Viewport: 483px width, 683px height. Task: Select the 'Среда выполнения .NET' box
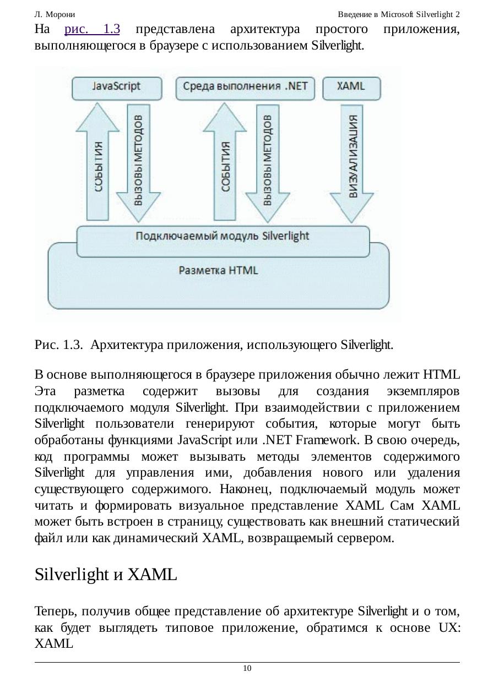[x=245, y=87]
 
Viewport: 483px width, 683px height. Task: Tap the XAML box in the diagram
[x=351, y=87]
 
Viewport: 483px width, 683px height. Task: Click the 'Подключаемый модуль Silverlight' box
[x=222, y=237]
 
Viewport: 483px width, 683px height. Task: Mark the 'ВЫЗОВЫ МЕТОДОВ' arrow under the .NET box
[x=267, y=160]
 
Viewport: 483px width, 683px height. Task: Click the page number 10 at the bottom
[x=247, y=668]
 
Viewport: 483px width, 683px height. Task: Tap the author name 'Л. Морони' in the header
[x=55, y=14]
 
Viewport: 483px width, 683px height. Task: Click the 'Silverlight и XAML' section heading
[x=106, y=575]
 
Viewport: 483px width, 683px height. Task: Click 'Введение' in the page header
[x=355, y=14]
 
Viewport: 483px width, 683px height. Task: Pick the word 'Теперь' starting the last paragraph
[x=55, y=611]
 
